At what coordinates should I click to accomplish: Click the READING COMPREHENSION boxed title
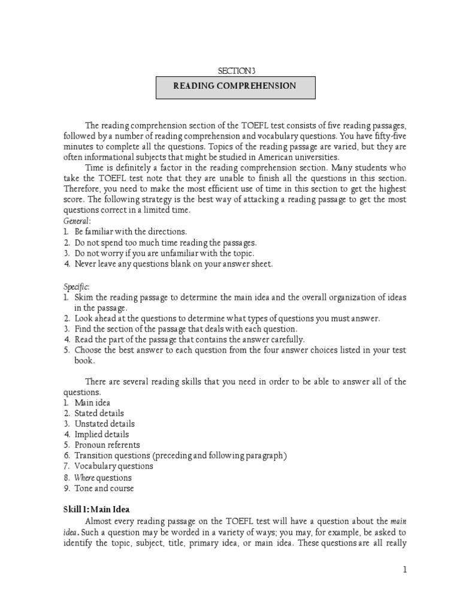tap(235, 86)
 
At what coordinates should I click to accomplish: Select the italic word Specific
tap(75, 287)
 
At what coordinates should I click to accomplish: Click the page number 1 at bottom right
tap(405, 570)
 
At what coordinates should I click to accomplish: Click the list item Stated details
tap(99, 413)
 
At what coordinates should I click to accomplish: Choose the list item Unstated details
tap(104, 424)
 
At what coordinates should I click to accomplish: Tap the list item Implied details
tap(101, 434)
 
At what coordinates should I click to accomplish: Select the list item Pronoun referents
tap(107, 445)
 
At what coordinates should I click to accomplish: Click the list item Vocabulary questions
tap(113, 466)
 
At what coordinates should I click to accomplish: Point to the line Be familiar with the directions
tap(131, 231)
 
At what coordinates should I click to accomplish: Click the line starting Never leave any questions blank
tap(173, 264)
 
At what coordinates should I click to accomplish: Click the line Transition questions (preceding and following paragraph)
tap(181, 456)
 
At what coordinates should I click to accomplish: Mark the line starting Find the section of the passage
tap(186, 329)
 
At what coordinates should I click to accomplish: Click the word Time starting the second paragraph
tap(96, 168)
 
